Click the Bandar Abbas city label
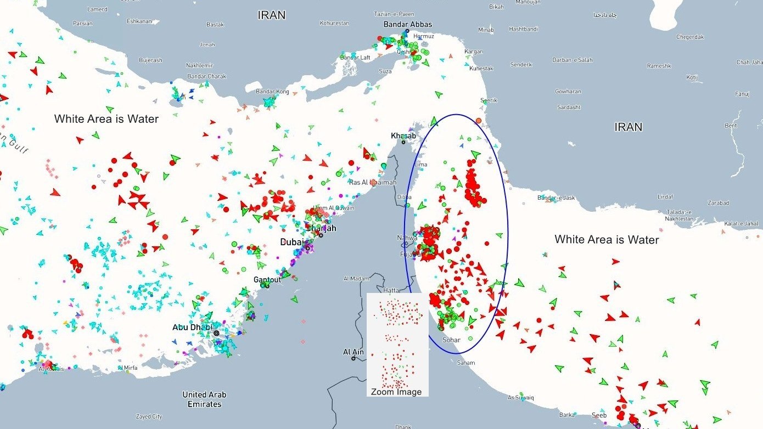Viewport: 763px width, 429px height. point(407,24)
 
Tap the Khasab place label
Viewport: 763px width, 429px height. point(403,136)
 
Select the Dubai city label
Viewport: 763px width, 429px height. point(291,242)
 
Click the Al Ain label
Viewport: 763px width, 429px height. point(353,352)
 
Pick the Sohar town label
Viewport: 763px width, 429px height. point(451,340)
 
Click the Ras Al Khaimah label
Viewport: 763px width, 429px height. point(372,183)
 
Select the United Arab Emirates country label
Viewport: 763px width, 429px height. point(204,399)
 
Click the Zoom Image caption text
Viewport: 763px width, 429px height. point(396,392)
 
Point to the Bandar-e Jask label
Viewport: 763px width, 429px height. point(556,197)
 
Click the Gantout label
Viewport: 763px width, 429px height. point(267,280)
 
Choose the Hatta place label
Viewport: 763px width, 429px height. point(391,290)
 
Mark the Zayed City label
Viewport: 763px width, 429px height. point(149,416)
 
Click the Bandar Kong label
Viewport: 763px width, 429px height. point(273,92)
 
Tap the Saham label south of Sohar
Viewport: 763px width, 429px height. point(466,363)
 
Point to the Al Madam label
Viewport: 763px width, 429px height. point(356,279)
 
